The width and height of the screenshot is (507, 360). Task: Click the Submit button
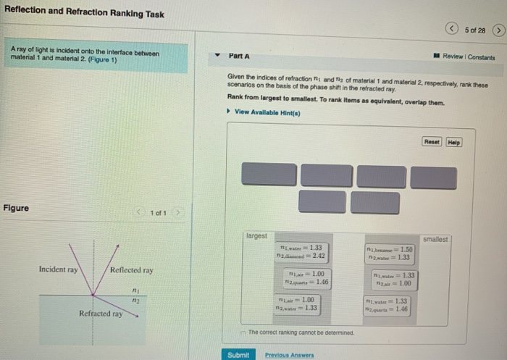click(x=238, y=354)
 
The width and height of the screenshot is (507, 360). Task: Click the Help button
click(x=454, y=142)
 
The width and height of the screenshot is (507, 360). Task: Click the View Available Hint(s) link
click(x=267, y=112)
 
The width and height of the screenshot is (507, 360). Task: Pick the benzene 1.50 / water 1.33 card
click(x=390, y=252)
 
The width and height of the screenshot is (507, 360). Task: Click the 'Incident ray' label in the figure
click(x=59, y=269)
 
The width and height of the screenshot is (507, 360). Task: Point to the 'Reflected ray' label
click(x=131, y=269)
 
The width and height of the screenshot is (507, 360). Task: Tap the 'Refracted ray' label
click(x=101, y=314)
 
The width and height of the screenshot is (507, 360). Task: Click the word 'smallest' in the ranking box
click(x=435, y=239)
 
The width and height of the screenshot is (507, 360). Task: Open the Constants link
click(x=481, y=57)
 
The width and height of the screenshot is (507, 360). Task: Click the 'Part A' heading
click(x=239, y=56)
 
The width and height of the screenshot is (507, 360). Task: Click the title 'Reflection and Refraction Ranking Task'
click(x=84, y=13)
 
